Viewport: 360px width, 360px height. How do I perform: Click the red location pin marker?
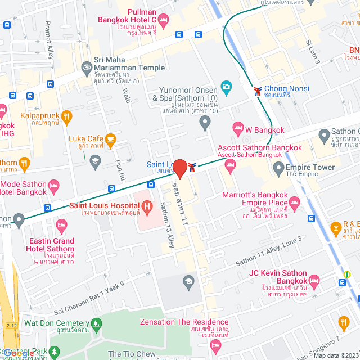tap(179, 168)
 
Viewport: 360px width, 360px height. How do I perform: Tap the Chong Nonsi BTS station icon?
tap(257, 91)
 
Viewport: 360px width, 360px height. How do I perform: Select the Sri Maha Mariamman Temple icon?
tap(86, 66)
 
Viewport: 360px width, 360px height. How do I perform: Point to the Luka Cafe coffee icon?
tap(110, 138)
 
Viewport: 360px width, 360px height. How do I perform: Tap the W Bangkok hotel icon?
tap(238, 129)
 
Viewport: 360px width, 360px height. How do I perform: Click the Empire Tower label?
tap(310, 167)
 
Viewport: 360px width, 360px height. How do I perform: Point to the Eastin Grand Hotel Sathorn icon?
tap(62, 226)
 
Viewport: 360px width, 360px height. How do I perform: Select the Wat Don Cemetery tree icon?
tap(97, 323)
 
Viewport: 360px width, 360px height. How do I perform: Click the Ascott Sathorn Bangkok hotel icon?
tap(229, 164)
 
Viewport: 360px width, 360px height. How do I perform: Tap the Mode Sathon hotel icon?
tap(54, 184)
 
